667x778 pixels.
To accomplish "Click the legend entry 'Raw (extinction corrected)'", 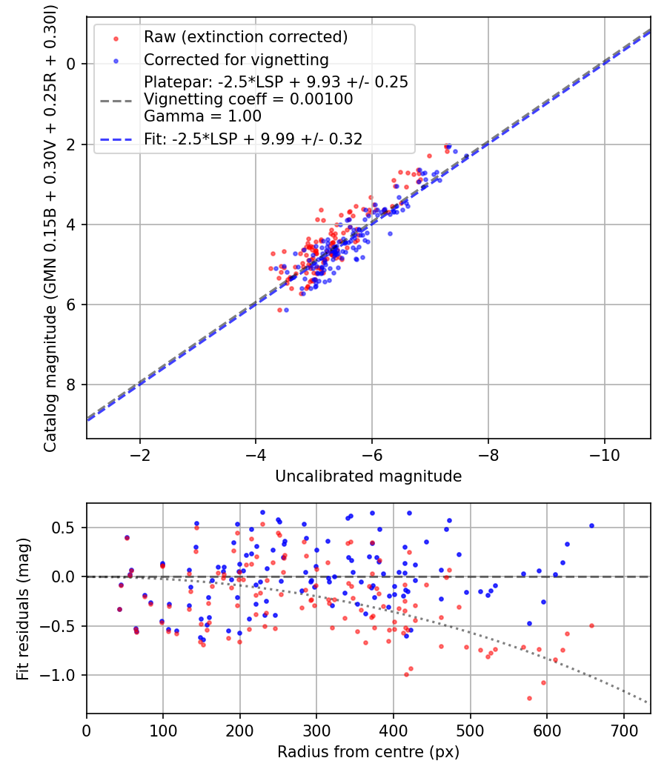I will pos(245,37).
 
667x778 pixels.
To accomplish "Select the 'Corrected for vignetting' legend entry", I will pos(236,59).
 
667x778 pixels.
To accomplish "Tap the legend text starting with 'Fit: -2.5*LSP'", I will pos(253,139).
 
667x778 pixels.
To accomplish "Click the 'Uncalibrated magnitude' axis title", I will pos(368,476).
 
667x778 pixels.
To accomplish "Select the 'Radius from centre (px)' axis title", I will pos(368,752).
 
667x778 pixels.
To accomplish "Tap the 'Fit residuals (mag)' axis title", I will pos(23,608).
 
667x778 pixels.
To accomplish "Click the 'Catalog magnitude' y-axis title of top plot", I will pos(50,227).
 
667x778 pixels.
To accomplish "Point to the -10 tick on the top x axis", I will pos(604,454).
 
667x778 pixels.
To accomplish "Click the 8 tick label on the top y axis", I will pos(71,385).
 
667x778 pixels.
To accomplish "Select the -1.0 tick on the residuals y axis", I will pos(64,675).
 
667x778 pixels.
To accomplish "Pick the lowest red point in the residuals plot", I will pos(529,698).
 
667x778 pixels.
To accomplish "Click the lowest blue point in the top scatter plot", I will pos(286,310).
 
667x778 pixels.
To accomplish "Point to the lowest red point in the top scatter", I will pos(279,310).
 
